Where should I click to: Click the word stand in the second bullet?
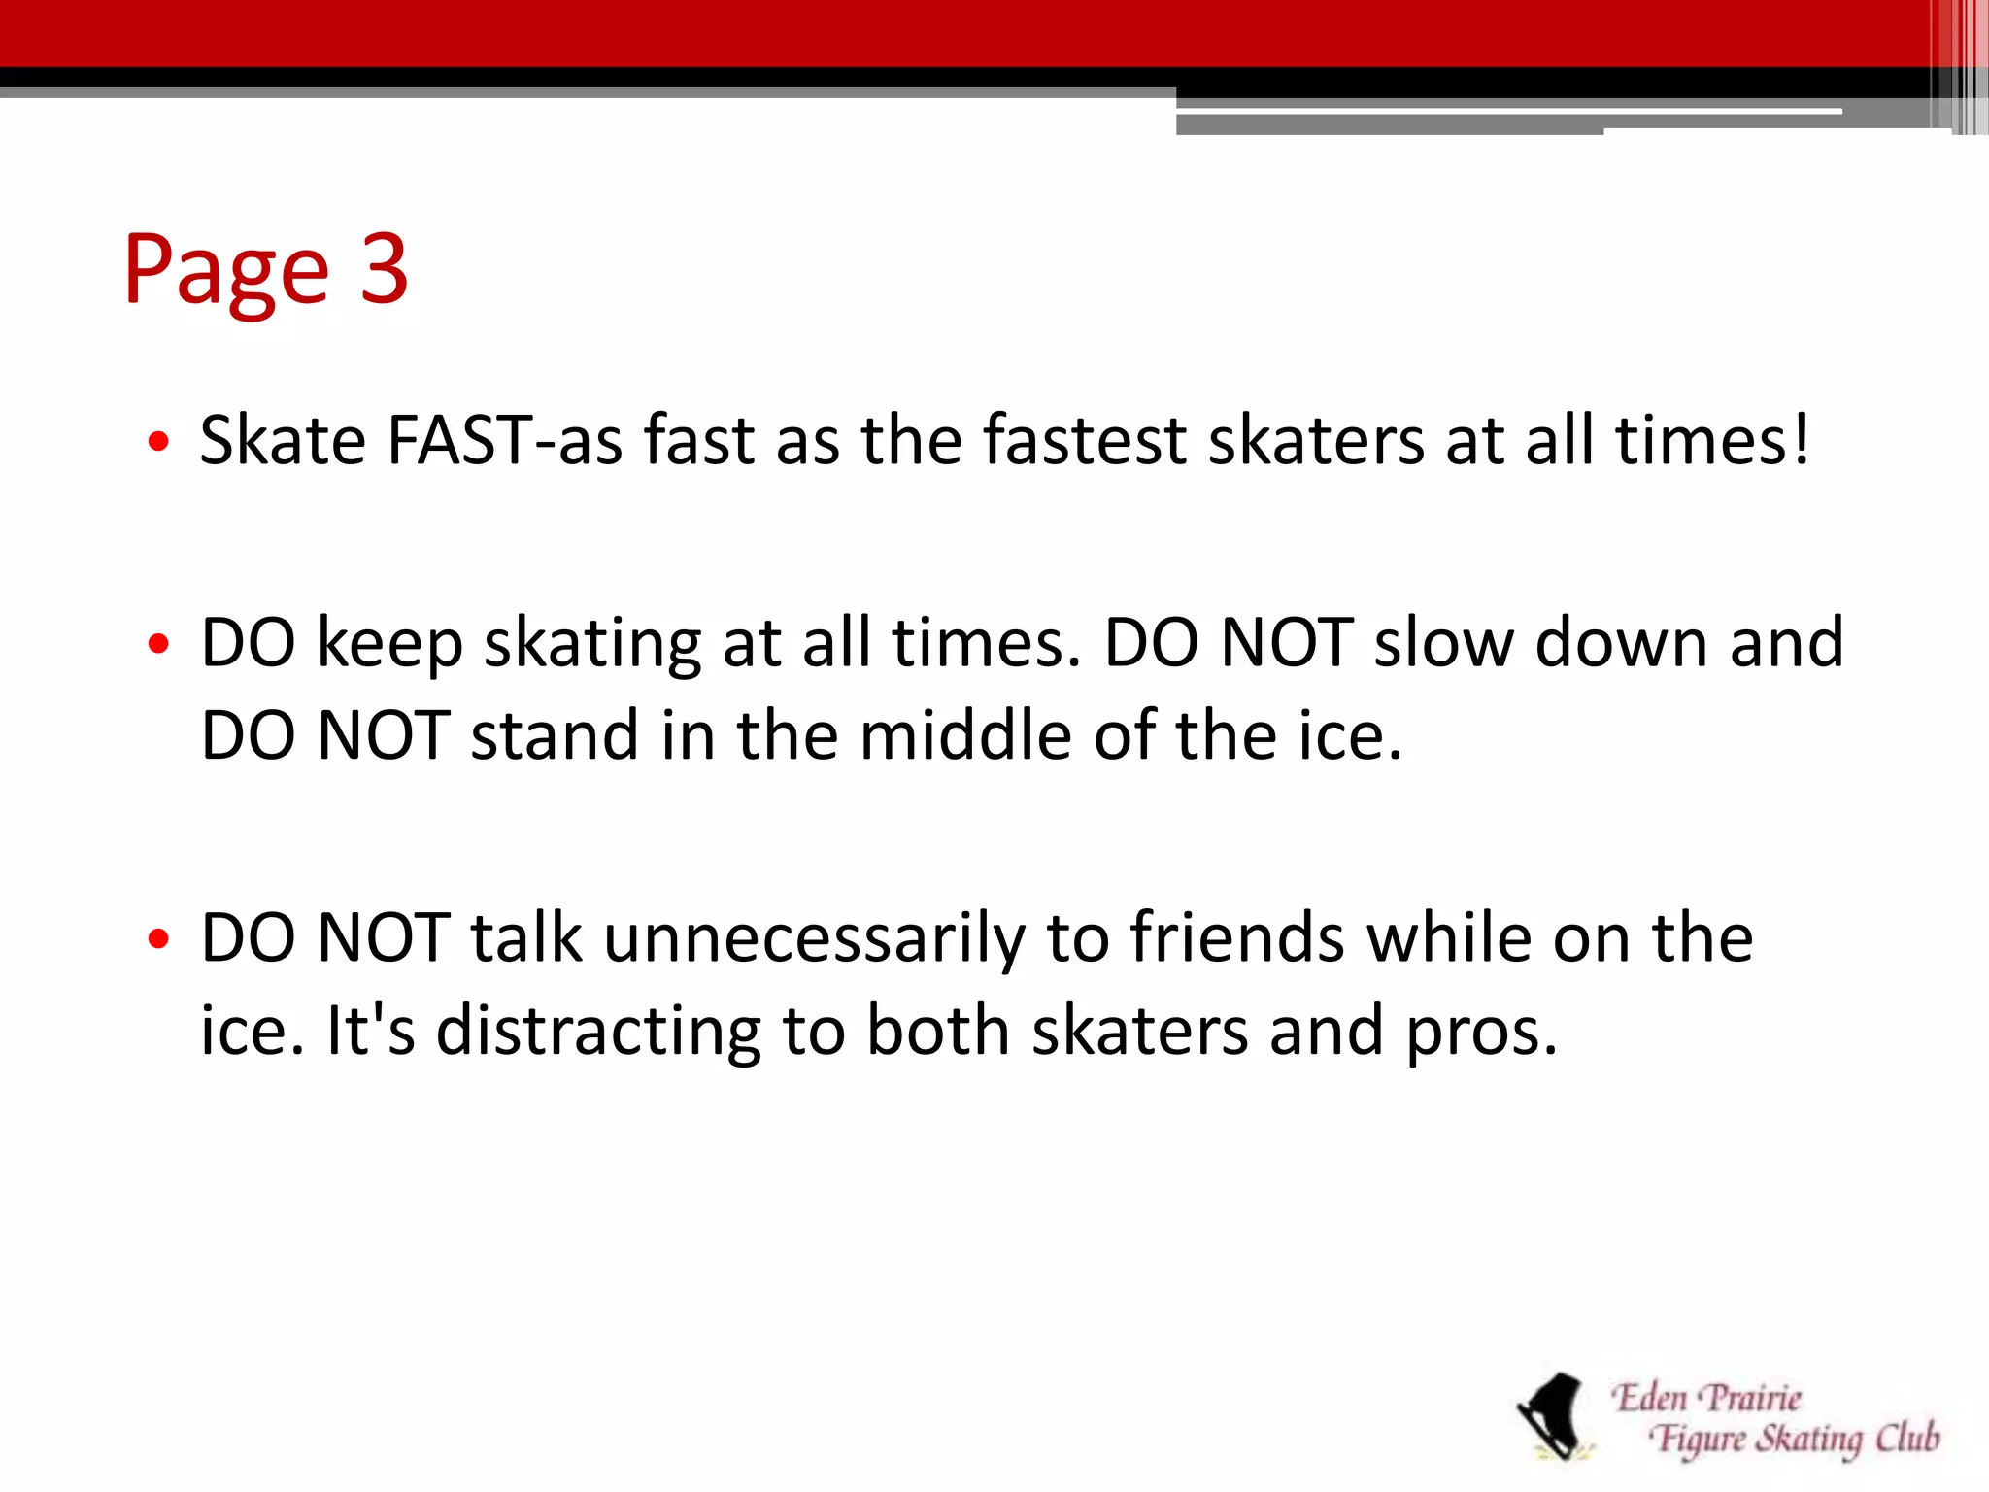pyautogui.click(x=555, y=735)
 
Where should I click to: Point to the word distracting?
pyautogui.click(x=598, y=1033)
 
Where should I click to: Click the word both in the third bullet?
pyautogui.click(x=937, y=1031)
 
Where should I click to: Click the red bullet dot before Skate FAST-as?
pyautogui.click(x=159, y=444)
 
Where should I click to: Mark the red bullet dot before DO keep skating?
pyautogui.click(x=159, y=645)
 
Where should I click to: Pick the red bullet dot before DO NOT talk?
pyautogui.click(x=159, y=940)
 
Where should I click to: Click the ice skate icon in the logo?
pyautogui.click(x=1554, y=1416)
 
